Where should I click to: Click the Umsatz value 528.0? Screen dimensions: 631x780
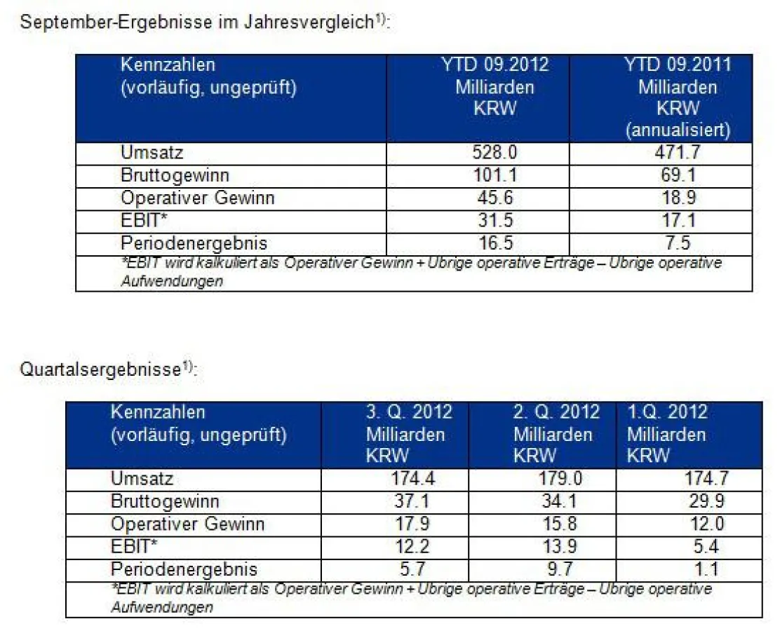pos(495,153)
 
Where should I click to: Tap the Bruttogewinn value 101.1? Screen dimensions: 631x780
pos(495,175)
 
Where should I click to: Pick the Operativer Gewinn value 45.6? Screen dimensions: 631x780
pos(495,198)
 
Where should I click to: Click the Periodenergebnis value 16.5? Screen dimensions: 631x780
pos(495,243)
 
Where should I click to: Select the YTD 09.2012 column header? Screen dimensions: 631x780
pos(495,65)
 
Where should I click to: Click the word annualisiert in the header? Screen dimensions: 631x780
pos(678,130)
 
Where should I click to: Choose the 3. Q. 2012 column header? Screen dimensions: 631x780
pos(409,412)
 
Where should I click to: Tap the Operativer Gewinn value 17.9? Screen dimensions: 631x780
pos(409,524)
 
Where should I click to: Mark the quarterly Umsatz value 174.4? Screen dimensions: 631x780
pos(409,480)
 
